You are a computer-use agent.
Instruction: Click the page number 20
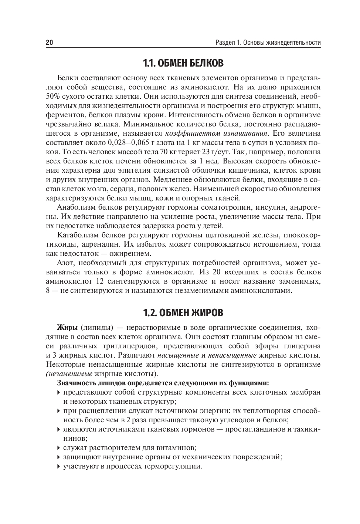(x=50, y=43)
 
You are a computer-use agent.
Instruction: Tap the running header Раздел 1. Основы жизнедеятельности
(x=268, y=43)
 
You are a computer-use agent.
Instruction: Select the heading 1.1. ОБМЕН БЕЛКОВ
(x=183, y=63)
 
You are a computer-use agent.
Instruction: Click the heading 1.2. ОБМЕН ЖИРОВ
(x=183, y=313)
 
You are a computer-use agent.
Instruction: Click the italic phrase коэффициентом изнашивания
(x=216, y=133)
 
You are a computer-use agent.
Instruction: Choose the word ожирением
(x=130, y=254)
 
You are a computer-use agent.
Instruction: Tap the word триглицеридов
(x=124, y=346)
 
